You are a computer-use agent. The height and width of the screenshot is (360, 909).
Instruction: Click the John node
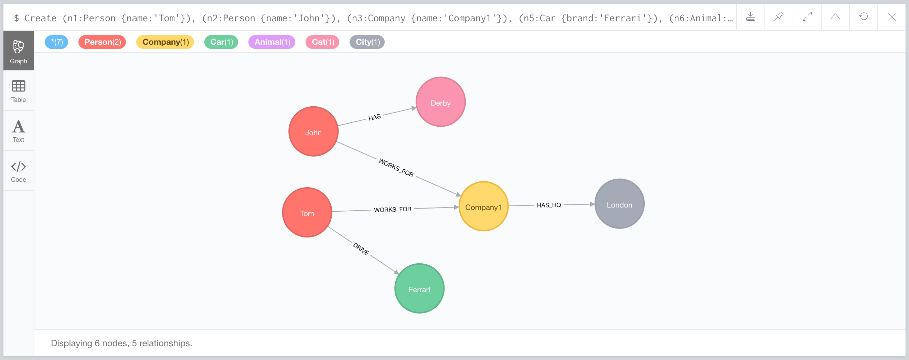click(x=313, y=132)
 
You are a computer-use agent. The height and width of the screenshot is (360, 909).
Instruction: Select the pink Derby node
click(x=440, y=102)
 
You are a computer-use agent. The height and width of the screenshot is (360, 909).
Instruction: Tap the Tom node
click(x=307, y=212)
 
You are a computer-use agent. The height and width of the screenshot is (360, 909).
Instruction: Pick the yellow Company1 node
click(x=483, y=207)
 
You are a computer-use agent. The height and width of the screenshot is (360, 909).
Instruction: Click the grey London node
click(x=619, y=204)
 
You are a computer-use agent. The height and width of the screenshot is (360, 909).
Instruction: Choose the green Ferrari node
click(x=419, y=288)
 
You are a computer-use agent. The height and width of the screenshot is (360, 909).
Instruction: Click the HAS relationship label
click(x=374, y=117)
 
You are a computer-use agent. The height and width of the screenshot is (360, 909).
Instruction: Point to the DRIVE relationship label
click(x=361, y=249)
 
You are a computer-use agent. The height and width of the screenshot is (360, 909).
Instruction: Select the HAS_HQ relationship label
click(x=549, y=205)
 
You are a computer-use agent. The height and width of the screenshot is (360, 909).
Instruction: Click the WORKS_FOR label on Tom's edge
click(x=392, y=209)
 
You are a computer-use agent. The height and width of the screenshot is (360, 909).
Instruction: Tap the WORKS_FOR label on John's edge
click(x=396, y=168)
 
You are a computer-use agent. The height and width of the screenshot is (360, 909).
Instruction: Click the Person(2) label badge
click(x=102, y=42)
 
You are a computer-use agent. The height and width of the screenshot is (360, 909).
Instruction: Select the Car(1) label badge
click(x=221, y=42)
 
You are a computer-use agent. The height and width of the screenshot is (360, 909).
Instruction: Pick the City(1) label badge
click(x=367, y=42)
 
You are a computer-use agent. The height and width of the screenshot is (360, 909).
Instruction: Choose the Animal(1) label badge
click(x=272, y=42)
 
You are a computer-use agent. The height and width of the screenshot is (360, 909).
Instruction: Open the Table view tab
click(x=18, y=91)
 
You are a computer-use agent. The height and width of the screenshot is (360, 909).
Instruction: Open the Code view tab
click(x=18, y=171)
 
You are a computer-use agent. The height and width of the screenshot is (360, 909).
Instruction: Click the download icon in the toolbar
click(x=750, y=17)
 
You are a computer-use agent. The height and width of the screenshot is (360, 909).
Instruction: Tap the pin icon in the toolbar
click(x=779, y=17)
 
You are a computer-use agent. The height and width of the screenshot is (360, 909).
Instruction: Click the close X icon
click(x=891, y=17)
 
